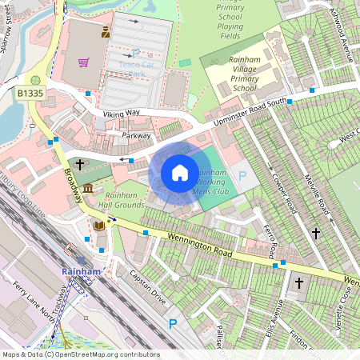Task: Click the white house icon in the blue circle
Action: click(180, 173)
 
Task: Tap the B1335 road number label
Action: click(30, 94)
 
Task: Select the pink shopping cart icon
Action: click(83, 62)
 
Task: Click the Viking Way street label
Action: click(121, 115)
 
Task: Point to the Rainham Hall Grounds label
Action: click(119, 200)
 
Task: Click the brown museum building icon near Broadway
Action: click(87, 187)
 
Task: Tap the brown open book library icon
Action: click(98, 226)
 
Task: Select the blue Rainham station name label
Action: click(81, 271)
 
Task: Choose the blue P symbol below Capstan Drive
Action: click(172, 324)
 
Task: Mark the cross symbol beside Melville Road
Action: click(316, 234)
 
